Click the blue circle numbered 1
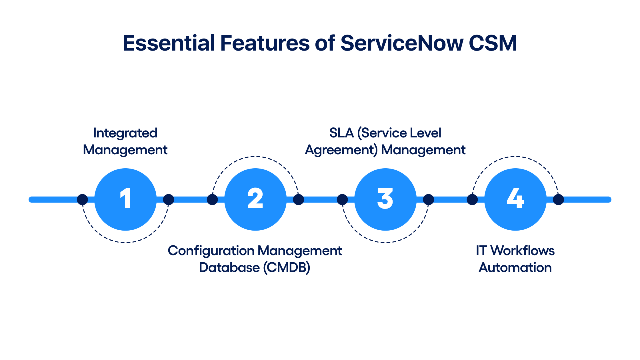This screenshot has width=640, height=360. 125,199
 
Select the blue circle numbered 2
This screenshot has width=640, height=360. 255,199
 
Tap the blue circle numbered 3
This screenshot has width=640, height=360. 385,199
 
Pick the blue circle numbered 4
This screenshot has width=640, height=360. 515,199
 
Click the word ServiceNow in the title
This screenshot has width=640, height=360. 402,43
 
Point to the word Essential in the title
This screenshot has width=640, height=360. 169,43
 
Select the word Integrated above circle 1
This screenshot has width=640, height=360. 125,133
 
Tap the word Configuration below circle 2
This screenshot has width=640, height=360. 211,251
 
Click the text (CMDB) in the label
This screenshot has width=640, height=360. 286,268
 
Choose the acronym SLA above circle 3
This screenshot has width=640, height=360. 341,133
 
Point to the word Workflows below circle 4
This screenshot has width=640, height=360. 523,251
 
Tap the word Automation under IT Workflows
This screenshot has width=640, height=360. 515,268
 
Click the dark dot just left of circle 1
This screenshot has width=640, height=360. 83,199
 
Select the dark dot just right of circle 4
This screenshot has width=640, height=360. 558,199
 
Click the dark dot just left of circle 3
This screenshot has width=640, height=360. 342,199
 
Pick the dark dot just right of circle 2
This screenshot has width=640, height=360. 299,199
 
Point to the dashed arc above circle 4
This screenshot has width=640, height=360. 515,157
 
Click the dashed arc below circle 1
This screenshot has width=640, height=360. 125,243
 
